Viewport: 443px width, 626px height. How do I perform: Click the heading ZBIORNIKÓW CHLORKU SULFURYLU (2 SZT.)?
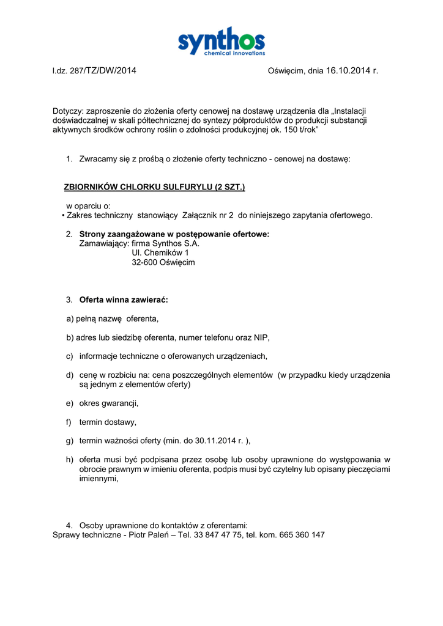(x=154, y=187)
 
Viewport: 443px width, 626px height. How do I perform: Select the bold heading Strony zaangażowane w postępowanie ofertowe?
(x=174, y=234)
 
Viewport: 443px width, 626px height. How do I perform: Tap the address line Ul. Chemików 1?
(x=160, y=252)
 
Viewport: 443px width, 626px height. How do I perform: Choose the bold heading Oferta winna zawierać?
(x=124, y=300)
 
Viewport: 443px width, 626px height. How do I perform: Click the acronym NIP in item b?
(x=261, y=337)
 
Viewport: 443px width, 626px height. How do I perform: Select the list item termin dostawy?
(x=108, y=422)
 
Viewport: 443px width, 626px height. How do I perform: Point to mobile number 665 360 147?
(x=302, y=535)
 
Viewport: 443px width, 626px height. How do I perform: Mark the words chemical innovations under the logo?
(x=234, y=54)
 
